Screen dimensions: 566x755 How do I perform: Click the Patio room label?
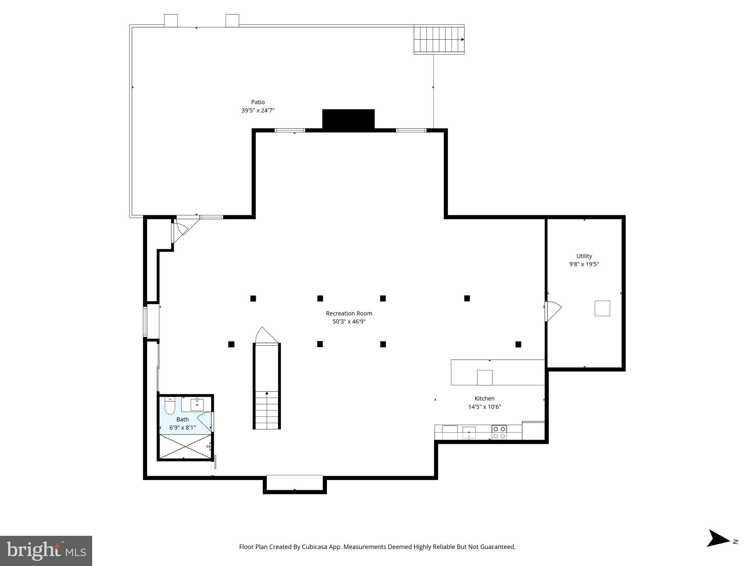258,102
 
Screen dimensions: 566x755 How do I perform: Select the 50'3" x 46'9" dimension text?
349,322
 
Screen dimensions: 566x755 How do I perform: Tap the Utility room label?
584,256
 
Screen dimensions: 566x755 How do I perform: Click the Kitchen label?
484,398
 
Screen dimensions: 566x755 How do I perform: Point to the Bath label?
182,419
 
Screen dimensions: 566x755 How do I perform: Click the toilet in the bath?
170,406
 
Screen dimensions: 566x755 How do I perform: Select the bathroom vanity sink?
197,404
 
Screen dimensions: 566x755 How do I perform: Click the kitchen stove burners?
499,432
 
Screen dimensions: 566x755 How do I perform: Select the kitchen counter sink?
469,432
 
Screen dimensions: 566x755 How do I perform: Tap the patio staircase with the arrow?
439,39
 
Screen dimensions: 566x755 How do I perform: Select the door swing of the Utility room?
552,311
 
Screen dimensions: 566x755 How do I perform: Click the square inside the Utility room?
602,308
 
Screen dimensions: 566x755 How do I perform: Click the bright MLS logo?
46,551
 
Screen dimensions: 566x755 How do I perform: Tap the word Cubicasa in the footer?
315,547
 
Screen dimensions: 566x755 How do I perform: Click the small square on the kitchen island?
484,377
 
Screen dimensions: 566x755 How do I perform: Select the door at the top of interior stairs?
266,336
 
